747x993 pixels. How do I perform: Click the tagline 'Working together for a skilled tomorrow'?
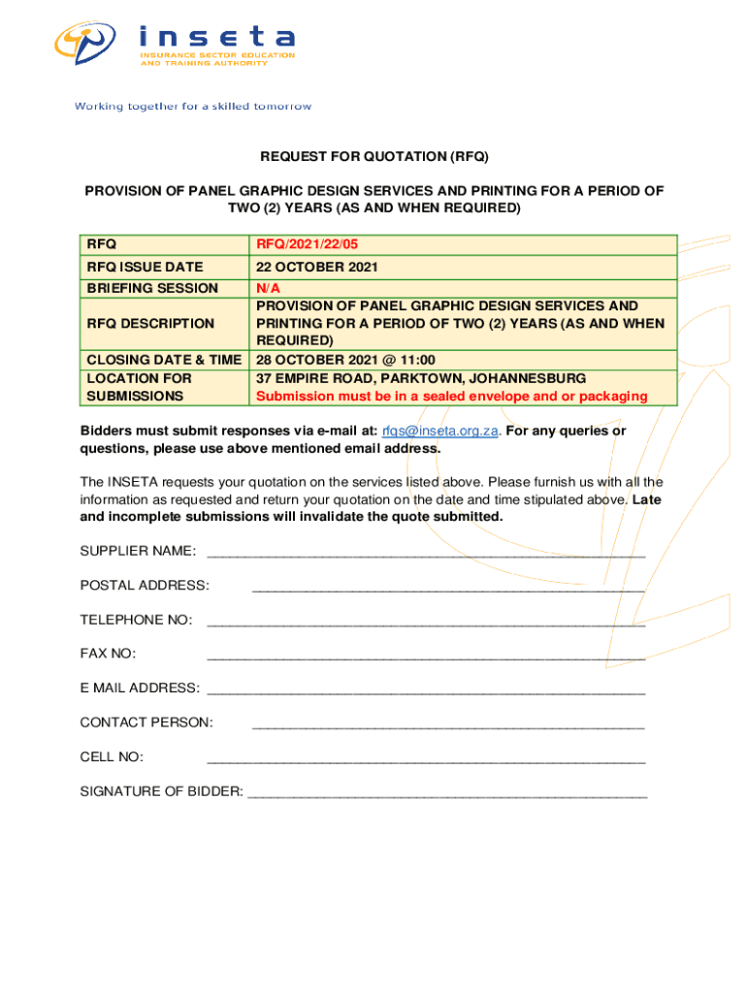(193, 107)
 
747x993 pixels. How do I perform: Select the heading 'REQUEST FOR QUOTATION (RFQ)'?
(373, 156)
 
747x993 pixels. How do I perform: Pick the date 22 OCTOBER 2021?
(317, 267)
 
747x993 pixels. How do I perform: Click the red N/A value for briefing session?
(268, 288)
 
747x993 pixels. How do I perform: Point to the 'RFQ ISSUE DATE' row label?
(146, 267)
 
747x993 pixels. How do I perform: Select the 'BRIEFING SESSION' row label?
(152, 288)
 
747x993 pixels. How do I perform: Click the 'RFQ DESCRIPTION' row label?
(150, 323)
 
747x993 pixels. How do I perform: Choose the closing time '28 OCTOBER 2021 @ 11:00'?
(345, 360)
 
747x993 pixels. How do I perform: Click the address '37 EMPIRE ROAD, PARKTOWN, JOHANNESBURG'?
(421, 378)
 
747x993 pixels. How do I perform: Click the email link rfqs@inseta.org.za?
(439, 431)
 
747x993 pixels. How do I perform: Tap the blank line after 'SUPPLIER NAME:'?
(426, 554)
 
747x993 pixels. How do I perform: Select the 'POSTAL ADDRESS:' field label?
(145, 585)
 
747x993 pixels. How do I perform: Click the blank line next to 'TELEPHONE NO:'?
(426, 623)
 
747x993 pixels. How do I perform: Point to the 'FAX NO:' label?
(108, 654)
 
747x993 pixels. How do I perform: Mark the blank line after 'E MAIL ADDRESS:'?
(426, 691)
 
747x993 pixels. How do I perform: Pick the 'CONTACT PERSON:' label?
(146, 722)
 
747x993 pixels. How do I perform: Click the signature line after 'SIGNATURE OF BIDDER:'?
(447, 794)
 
